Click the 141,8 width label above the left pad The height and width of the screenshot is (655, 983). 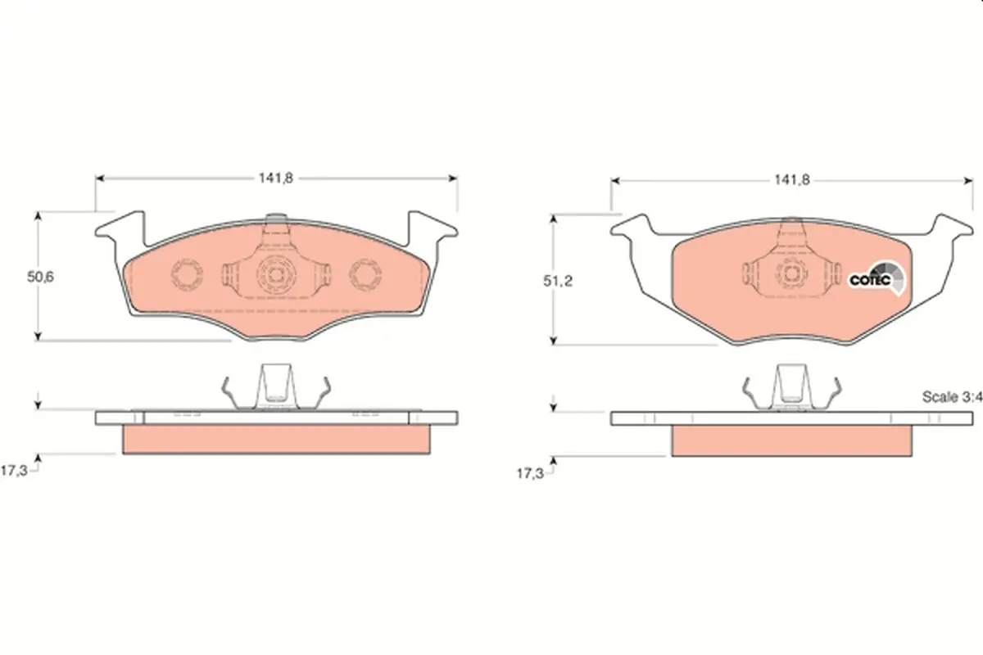point(275,178)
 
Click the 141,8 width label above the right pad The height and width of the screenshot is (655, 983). point(791,180)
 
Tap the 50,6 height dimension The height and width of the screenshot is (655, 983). point(40,278)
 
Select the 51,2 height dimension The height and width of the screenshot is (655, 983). point(558,281)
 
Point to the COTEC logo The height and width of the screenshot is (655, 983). point(877,278)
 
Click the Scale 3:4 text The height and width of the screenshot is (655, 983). point(952,397)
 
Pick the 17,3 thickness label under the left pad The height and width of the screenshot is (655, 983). point(14,471)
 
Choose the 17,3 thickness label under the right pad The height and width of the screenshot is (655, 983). point(530,474)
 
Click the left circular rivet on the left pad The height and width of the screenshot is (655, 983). point(187,274)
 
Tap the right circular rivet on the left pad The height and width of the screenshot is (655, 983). point(365,274)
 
